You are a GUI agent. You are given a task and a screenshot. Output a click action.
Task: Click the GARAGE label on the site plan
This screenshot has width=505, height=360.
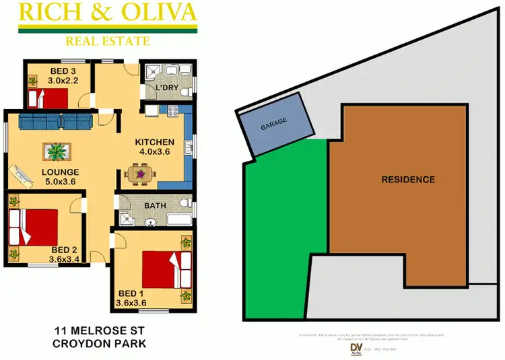click(274, 124)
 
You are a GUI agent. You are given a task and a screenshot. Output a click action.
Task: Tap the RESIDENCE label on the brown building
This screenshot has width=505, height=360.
click(408, 180)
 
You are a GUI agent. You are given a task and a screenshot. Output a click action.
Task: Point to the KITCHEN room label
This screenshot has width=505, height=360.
click(155, 143)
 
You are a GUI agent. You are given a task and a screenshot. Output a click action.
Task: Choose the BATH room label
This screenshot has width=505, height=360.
click(155, 205)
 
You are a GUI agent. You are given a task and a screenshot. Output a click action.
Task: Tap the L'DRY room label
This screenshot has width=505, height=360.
click(166, 88)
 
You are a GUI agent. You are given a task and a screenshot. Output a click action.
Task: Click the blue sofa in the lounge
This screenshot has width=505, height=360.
click(55, 122)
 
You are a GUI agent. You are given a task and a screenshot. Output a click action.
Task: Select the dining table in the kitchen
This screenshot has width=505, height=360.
click(141, 175)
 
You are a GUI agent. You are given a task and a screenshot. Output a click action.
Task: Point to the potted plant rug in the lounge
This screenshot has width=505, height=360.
click(55, 152)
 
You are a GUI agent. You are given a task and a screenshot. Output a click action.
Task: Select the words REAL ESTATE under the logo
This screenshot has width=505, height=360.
click(108, 41)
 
